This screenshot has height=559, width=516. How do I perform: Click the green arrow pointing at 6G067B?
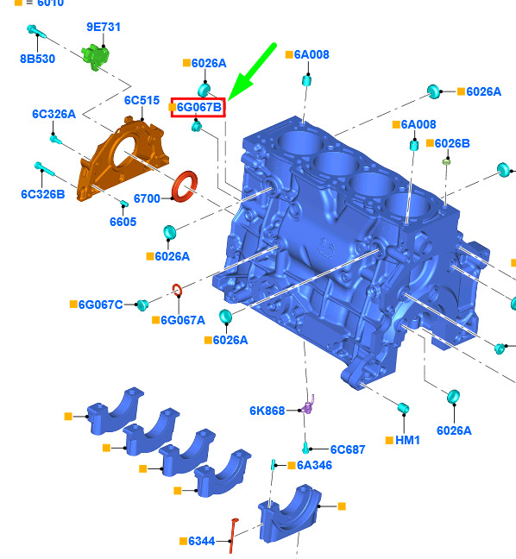pyautogui.click(x=251, y=72)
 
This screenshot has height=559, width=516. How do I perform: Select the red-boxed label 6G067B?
pyautogui.click(x=198, y=107)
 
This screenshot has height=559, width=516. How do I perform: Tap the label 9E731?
pyautogui.click(x=104, y=27)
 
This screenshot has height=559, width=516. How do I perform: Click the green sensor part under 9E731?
pyautogui.click(x=95, y=56)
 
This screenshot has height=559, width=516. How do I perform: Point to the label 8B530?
pyautogui.click(x=37, y=59)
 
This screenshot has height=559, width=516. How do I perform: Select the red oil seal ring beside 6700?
pyautogui.click(x=185, y=186)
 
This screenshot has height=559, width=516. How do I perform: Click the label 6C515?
pyautogui.click(x=142, y=101)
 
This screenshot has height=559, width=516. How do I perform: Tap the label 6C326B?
pyautogui.click(x=43, y=194)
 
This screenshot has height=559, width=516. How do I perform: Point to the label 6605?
pyautogui.click(x=123, y=222)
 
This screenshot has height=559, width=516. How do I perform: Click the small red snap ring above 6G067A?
pyautogui.click(x=177, y=290)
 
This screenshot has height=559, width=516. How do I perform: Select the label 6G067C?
pyautogui.click(x=101, y=305)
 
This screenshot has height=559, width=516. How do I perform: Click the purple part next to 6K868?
pyautogui.click(x=308, y=405)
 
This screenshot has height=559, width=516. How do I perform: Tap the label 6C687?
pyautogui.click(x=348, y=450)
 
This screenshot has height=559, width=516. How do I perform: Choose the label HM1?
pyautogui.click(x=407, y=441)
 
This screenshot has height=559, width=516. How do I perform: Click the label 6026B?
pyautogui.click(x=452, y=144)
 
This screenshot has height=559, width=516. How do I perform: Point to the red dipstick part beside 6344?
pyautogui.click(x=233, y=536)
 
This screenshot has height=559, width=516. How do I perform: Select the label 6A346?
pyautogui.click(x=314, y=465)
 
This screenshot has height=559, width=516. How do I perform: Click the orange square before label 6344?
pyautogui.click(x=183, y=541)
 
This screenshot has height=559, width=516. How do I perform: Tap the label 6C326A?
pyautogui.click(x=53, y=114)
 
